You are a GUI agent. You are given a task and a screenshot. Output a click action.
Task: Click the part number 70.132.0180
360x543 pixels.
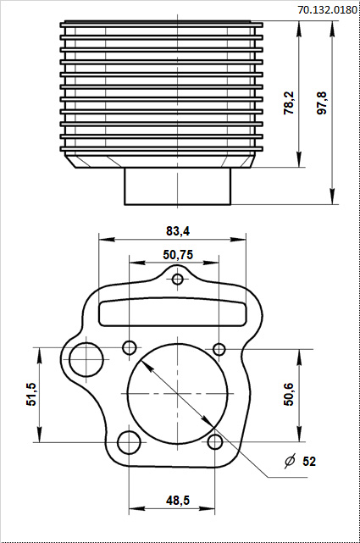327,9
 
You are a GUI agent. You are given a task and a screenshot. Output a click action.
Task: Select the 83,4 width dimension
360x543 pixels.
178,230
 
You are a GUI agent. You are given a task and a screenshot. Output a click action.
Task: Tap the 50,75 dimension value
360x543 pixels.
178,254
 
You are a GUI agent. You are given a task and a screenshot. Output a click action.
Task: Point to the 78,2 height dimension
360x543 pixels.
290,103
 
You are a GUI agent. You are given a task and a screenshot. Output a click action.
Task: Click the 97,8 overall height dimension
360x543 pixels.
321,103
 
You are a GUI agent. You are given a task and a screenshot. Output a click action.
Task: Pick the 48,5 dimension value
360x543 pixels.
177,501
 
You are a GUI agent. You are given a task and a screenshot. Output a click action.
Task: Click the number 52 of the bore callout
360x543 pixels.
309,462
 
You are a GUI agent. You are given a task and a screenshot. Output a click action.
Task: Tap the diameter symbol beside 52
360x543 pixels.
289,462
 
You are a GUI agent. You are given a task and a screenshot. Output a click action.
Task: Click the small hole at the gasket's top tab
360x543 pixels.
178,280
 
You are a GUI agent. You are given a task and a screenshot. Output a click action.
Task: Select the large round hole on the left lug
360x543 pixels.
86,359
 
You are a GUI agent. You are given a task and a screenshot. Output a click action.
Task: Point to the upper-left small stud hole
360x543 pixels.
130,347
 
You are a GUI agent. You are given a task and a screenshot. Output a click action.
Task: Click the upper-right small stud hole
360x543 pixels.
219,349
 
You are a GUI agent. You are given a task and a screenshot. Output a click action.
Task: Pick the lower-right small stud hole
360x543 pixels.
216,441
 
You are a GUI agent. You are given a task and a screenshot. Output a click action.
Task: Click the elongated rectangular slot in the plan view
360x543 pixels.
176,311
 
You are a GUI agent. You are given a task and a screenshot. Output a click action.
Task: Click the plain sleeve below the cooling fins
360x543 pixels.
178,186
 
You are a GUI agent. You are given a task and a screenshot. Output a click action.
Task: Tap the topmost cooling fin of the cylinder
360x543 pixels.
161,26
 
